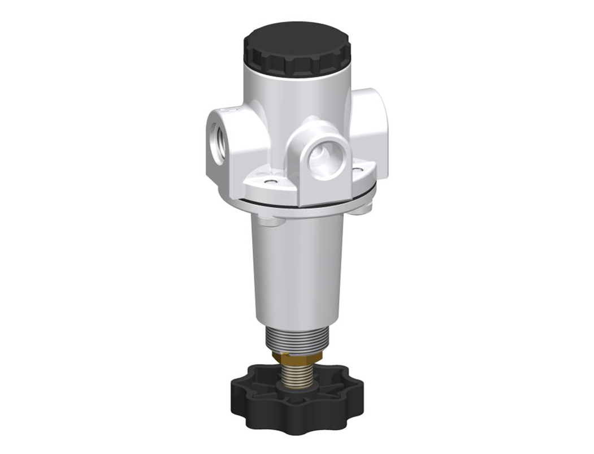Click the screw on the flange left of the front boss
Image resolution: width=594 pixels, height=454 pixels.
[x=271, y=181]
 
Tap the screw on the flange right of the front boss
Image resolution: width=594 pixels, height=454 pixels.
[x=357, y=168]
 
